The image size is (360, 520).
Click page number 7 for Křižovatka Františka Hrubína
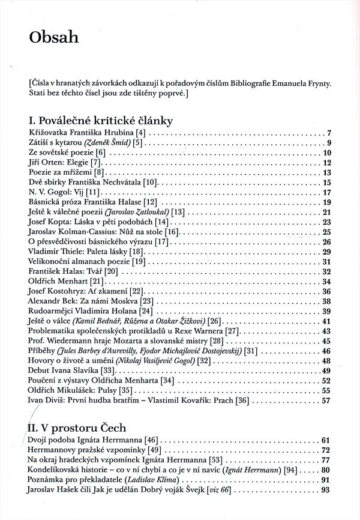click(x=329, y=133)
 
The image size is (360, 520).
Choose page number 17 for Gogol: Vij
click(x=328, y=192)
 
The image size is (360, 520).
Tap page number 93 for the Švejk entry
click(x=328, y=490)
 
